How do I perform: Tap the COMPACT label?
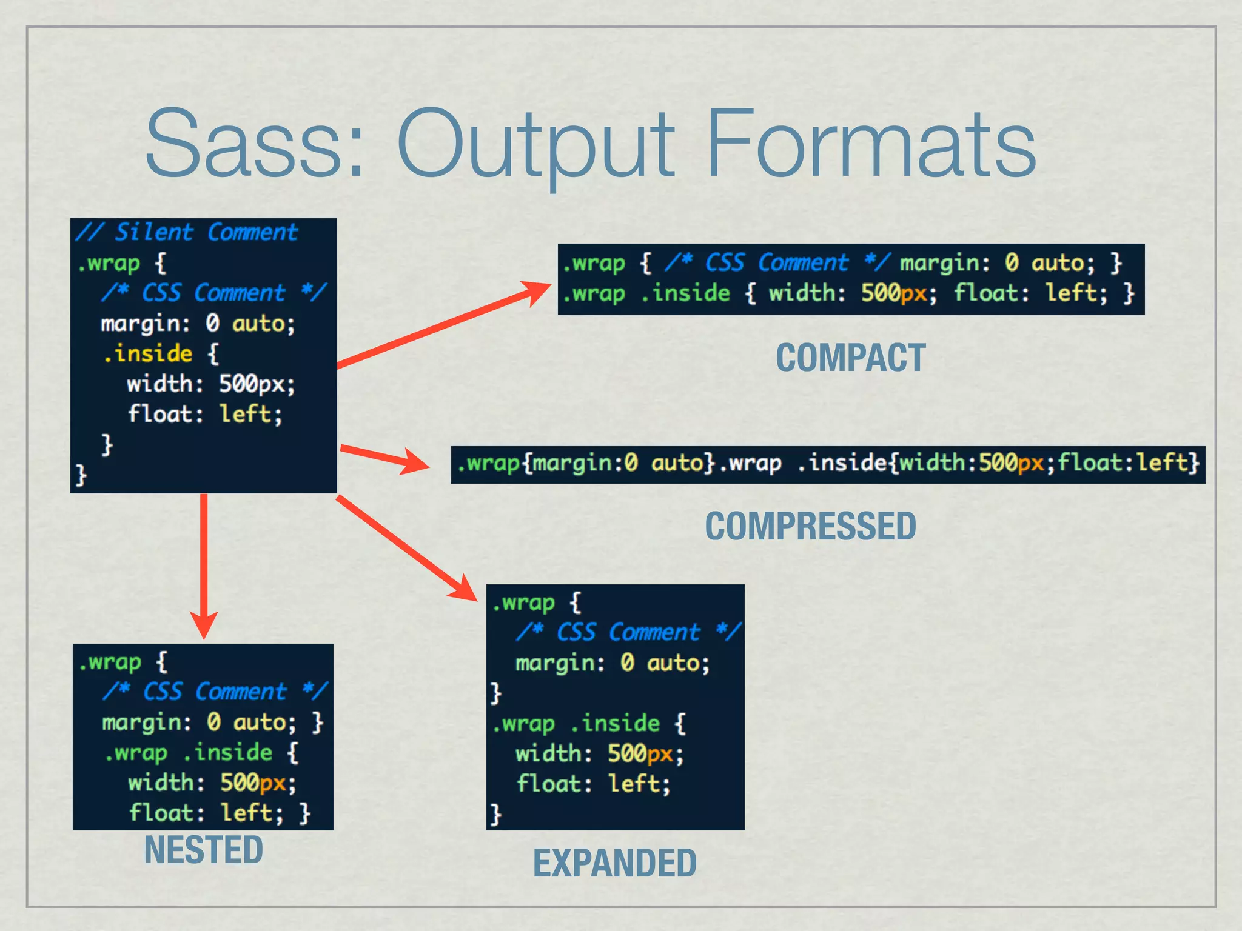pyautogui.click(x=851, y=358)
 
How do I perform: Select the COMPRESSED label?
pyautogui.click(x=810, y=526)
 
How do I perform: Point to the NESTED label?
pyautogui.click(x=203, y=850)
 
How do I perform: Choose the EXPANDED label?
pyautogui.click(x=614, y=863)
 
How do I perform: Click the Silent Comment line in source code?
pyautogui.click(x=187, y=232)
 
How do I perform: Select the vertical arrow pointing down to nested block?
pyautogui.click(x=204, y=564)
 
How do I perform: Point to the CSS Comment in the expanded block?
pyautogui.click(x=628, y=632)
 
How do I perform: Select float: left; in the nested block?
pyautogui.click(x=206, y=813)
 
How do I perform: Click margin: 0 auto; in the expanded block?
pyautogui.click(x=613, y=662)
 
